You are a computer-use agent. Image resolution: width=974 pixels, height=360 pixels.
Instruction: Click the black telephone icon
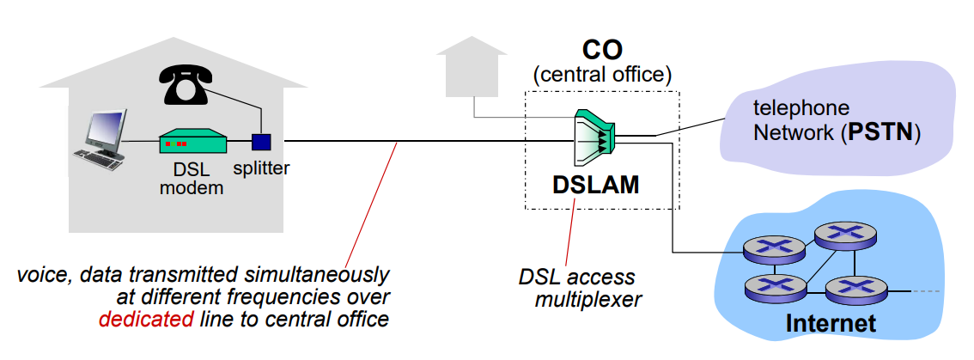pos(186,85)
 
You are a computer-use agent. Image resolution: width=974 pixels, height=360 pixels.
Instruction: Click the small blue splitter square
pos(261,142)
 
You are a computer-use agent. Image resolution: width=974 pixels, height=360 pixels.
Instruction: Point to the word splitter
pos(261,168)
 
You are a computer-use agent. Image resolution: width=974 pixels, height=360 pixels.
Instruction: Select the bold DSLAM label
pos(595,185)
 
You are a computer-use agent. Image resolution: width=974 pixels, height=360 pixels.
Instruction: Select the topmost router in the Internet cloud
pos(843,234)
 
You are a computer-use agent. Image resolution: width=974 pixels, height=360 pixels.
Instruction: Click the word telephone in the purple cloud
pos(801,108)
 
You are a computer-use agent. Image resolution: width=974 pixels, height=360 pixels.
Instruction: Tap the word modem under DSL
pos(192,188)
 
